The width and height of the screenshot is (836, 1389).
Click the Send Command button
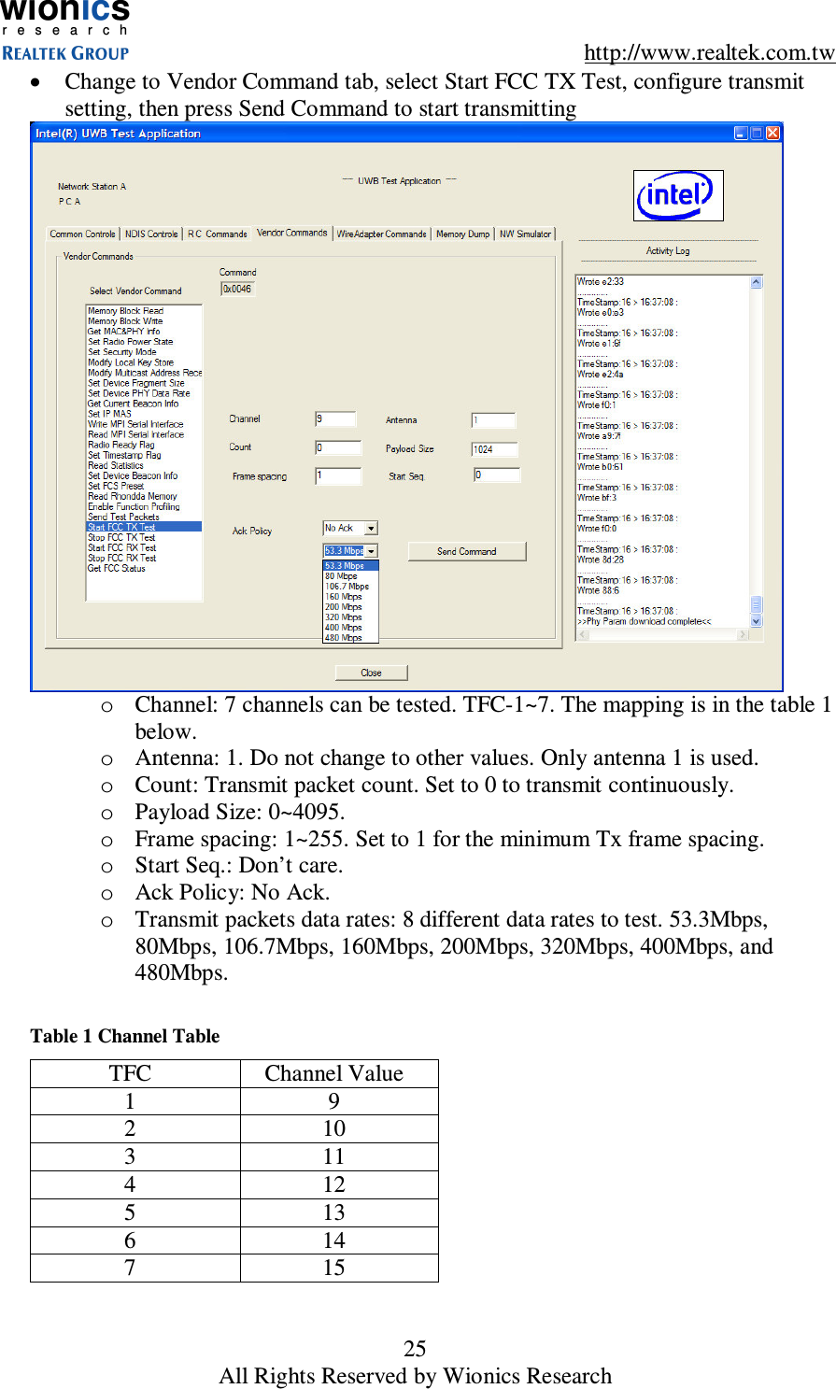click(466, 551)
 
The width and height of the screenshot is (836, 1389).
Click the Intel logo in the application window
click(677, 195)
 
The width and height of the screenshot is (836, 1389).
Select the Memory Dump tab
click(462, 234)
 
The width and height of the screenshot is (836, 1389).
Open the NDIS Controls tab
click(150, 234)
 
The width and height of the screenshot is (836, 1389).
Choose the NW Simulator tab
click(525, 234)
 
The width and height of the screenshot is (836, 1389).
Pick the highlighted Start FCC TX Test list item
click(143, 527)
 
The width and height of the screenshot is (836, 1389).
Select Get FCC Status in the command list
click(117, 568)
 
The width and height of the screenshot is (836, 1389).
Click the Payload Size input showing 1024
click(493, 449)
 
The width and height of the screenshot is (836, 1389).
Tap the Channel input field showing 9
click(335, 419)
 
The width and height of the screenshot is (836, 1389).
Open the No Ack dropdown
click(350, 529)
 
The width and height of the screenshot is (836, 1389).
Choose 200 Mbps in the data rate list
click(344, 607)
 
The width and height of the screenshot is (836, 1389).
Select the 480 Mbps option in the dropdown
click(344, 638)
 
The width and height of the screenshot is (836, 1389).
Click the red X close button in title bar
click(772, 134)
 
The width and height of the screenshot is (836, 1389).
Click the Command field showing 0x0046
click(237, 290)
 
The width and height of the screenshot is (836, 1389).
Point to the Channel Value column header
click(334, 1073)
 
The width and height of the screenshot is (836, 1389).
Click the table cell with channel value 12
click(334, 1184)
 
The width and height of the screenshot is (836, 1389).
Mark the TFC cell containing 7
click(130, 1268)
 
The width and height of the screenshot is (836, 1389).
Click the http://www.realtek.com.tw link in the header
click(709, 52)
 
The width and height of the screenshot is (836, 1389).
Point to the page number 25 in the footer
click(415, 1348)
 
